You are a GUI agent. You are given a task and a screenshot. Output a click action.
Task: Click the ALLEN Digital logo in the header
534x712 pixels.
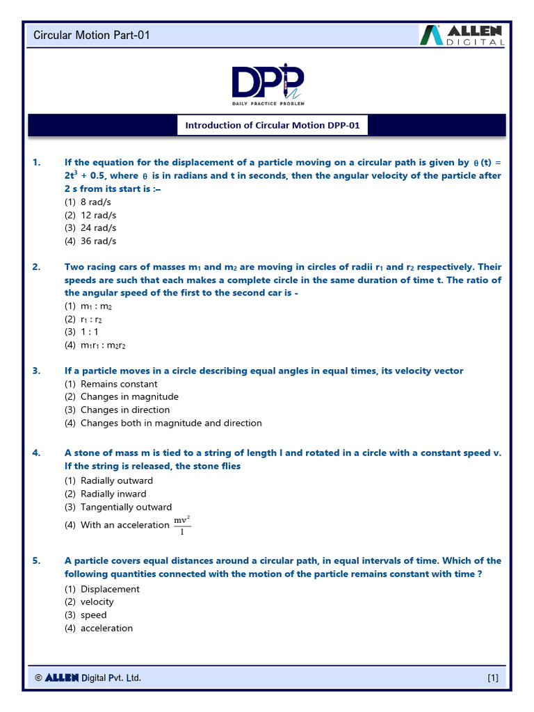(x=462, y=35)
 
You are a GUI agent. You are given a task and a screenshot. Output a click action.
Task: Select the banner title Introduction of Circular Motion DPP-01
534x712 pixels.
(x=272, y=126)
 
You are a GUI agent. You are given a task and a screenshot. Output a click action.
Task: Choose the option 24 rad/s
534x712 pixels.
(x=98, y=228)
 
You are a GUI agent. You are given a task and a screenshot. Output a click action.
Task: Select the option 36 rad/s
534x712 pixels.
(x=98, y=241)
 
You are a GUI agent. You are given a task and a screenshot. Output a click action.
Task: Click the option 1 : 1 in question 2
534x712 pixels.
(x=91, y=332)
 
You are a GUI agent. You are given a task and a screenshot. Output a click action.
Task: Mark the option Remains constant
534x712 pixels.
(x=118, y=384)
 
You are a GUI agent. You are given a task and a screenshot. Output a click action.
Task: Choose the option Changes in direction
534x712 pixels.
(x=124, y=410)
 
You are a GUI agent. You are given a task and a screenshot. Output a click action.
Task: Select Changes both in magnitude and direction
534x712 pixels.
(x=170, y=423)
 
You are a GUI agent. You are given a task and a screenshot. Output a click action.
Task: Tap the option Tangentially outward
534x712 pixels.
(x=126, y=508)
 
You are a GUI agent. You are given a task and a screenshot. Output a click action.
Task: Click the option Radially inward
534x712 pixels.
(x=113, y=494)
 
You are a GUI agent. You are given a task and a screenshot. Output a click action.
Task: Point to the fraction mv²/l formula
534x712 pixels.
(x=182, y=526)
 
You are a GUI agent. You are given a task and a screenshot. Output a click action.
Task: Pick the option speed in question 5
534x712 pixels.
(x=93, y=615)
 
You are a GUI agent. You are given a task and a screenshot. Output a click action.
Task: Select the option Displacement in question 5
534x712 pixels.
(x=109, y=589)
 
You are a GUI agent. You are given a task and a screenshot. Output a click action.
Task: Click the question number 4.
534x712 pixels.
(x=37, y=453)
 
